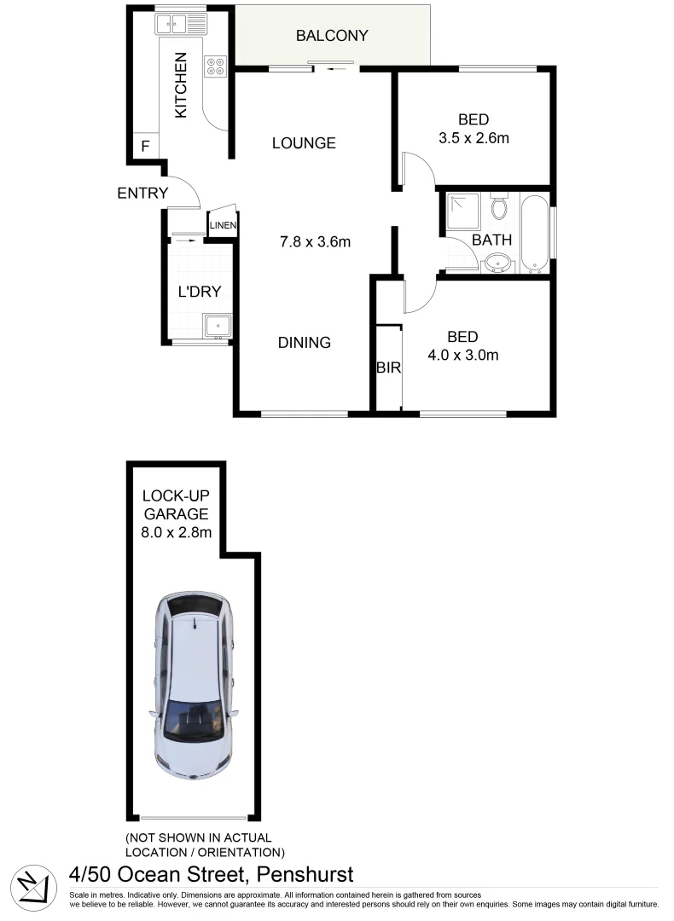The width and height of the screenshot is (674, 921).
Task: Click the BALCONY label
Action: point(332,36)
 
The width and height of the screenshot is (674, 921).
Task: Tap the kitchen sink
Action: point(181,23)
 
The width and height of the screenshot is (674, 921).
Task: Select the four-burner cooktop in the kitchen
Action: point(215,66)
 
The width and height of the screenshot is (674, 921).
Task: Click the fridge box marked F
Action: point(145,146)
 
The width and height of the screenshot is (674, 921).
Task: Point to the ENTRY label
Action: point(142,194)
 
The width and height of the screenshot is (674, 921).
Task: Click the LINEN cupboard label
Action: point(223,225)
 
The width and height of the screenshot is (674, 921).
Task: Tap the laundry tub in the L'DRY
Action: point(217,326)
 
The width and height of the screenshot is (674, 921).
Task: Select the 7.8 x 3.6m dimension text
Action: point(317,241)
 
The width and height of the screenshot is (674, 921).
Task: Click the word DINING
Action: point(305,343)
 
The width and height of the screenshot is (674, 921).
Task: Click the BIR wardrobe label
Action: point(388,368)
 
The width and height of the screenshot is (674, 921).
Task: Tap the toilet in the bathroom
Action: point(500,206)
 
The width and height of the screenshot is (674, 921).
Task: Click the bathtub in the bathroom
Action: point(534,232)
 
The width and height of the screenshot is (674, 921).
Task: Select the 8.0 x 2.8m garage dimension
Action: point(176,533)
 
